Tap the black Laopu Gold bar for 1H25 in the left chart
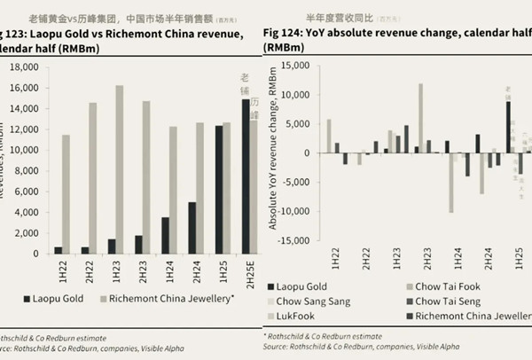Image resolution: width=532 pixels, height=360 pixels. [x=218, y=189]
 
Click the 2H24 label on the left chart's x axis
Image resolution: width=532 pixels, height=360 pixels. [x=196, y=267]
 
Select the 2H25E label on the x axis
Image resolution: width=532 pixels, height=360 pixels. [x=251, y=270]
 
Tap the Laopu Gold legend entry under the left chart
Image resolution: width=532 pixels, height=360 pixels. [x=52, y=299]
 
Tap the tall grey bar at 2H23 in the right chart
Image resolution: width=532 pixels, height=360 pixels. [x=421, y=118]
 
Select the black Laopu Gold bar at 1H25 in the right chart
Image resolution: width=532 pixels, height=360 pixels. [x=508, y=127]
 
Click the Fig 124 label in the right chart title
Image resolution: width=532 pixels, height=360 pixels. [x=286, y=32]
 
